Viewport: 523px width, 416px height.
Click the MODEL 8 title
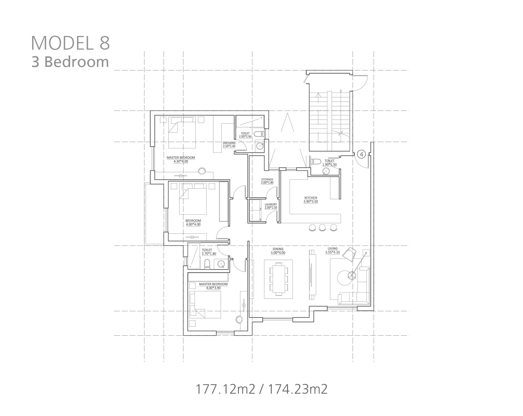(70, 43)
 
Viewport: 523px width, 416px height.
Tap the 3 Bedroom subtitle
(70, 62)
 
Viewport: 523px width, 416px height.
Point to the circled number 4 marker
(361, 154)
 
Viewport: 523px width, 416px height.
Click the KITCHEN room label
(311, 198)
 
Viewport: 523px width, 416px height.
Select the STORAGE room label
(267, 180)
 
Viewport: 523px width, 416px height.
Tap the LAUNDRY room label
(271, 204)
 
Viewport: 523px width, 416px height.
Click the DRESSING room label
(229, 143)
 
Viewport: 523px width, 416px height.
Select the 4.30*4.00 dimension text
(181, 161)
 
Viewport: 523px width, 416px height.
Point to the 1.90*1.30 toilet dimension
(330, 165)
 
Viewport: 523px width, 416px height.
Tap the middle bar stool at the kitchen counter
(322, 227)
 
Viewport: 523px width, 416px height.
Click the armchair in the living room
(349, 254)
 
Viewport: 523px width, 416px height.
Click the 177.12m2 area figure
(225, 389)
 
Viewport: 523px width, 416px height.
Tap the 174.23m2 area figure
(298, 389)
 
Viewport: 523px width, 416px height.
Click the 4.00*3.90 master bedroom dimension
(213, 288)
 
